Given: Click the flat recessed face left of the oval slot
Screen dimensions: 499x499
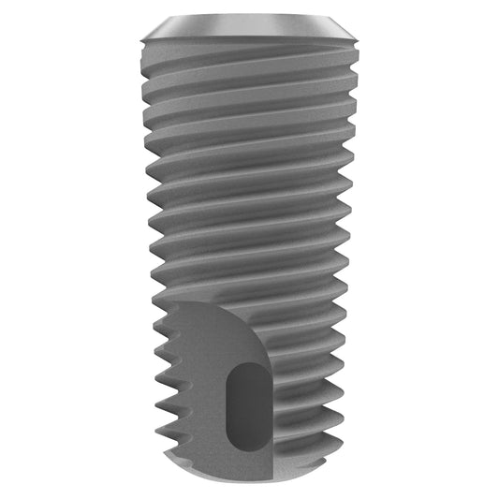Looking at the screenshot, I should tap(201, 393).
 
